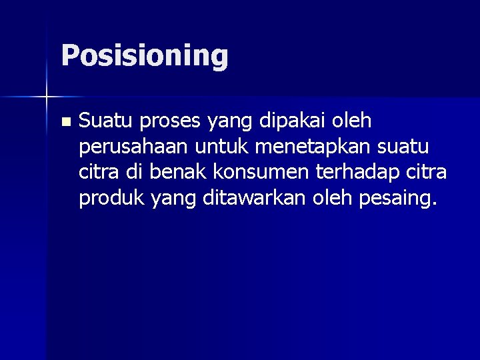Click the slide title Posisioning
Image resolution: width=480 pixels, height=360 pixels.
tap(144, 56)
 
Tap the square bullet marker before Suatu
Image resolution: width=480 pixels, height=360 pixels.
tap(65, 122)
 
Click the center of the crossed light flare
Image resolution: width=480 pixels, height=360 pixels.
tap(47, 97)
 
